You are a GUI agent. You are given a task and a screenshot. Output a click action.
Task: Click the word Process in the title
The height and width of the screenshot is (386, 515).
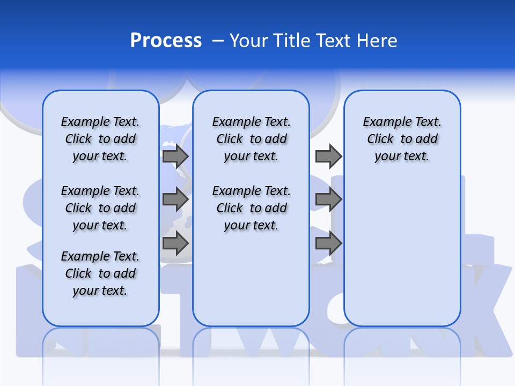(x=166, y=41)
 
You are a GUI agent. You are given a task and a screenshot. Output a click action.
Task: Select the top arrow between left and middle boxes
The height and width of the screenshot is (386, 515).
(x=175, y=156)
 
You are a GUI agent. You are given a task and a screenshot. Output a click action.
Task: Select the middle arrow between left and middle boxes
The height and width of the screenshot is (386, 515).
(x=175, y=199)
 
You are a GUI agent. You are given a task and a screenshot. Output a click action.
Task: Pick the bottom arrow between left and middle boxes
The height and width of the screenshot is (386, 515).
(x=175, y=243)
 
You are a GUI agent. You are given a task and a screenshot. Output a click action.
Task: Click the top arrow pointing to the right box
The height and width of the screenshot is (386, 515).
(x=328, y=156)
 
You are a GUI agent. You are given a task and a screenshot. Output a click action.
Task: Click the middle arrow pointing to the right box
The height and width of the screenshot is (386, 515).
(x=328, y=199)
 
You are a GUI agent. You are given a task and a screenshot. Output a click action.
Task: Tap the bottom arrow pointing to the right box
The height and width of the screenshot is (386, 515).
(x=328, y=243)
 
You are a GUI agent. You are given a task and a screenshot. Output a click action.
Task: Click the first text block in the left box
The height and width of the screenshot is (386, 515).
(x=100, y=139)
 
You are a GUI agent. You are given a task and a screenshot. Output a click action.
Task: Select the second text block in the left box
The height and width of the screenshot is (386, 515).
(x=100, y=208)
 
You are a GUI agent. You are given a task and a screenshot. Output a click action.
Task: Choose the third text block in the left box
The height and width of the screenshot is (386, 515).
(x=100, y=273)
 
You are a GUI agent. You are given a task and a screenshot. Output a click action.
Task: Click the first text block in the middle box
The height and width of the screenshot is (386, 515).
(x=251, y=139)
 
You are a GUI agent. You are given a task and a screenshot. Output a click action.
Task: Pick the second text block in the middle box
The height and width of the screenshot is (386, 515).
(x=251, y=208)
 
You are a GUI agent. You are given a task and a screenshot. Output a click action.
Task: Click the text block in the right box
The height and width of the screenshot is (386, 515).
(x=402, y=139)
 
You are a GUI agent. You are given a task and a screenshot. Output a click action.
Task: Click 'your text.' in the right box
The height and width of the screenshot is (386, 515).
(x=402, y=156)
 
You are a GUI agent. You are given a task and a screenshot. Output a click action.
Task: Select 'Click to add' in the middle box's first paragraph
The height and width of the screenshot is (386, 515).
(x=251, y=139)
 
